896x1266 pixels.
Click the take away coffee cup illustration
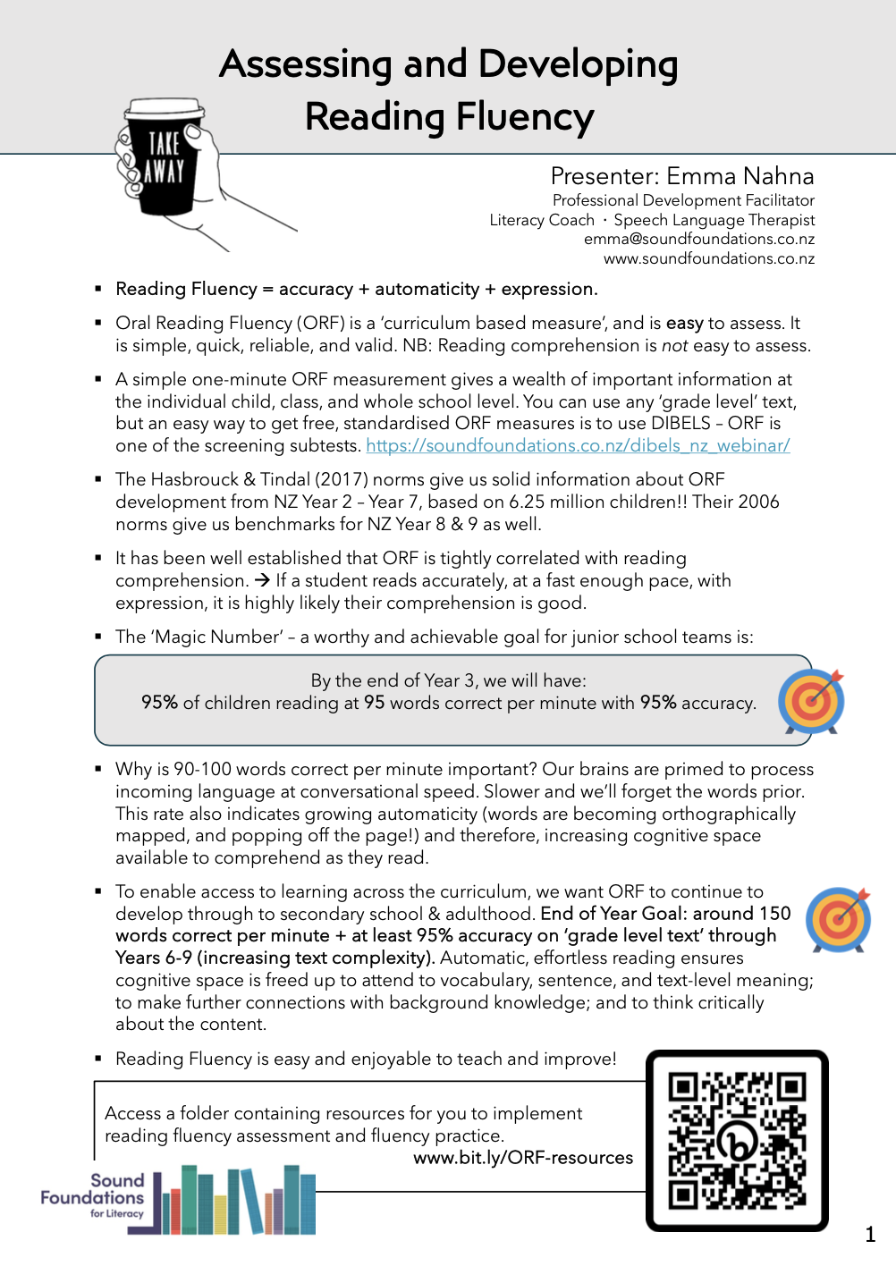pyautogui.click(x=165, y=161)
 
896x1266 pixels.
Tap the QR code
pyautogui.click(x=737, y=1140)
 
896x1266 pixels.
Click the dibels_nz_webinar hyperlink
pyautogui.click(x=578, y=445)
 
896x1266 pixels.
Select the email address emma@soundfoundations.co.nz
pyautogui.click(x=698, y=239)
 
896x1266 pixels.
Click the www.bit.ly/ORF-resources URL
pyautogui.click(x=522, y=1158)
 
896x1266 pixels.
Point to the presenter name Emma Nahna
pyautogui.click(x=740, y=176)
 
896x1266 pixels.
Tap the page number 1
pyautogui.click(x=870, y=1235)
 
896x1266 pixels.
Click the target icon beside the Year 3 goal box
pyautogui.click(x=811, y=701)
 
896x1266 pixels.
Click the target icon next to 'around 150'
pyautogui.click(x=838, y=919)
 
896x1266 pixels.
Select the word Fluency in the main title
pyautogui.click(x=525, y=117)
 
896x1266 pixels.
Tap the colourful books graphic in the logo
pyautogui.click(x=237, y=1200)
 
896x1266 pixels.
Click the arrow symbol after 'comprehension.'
pyautogui.click(x=262, y=580)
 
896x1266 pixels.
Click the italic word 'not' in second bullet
pyautogui.click(x=675, y=345)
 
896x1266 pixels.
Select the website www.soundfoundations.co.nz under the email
pyautogui.click(x=708, y=258)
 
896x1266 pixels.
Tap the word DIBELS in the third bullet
pyautogui.click(x=680, y=423)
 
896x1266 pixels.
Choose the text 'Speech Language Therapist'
pyautogui.click(x=714, y=220)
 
